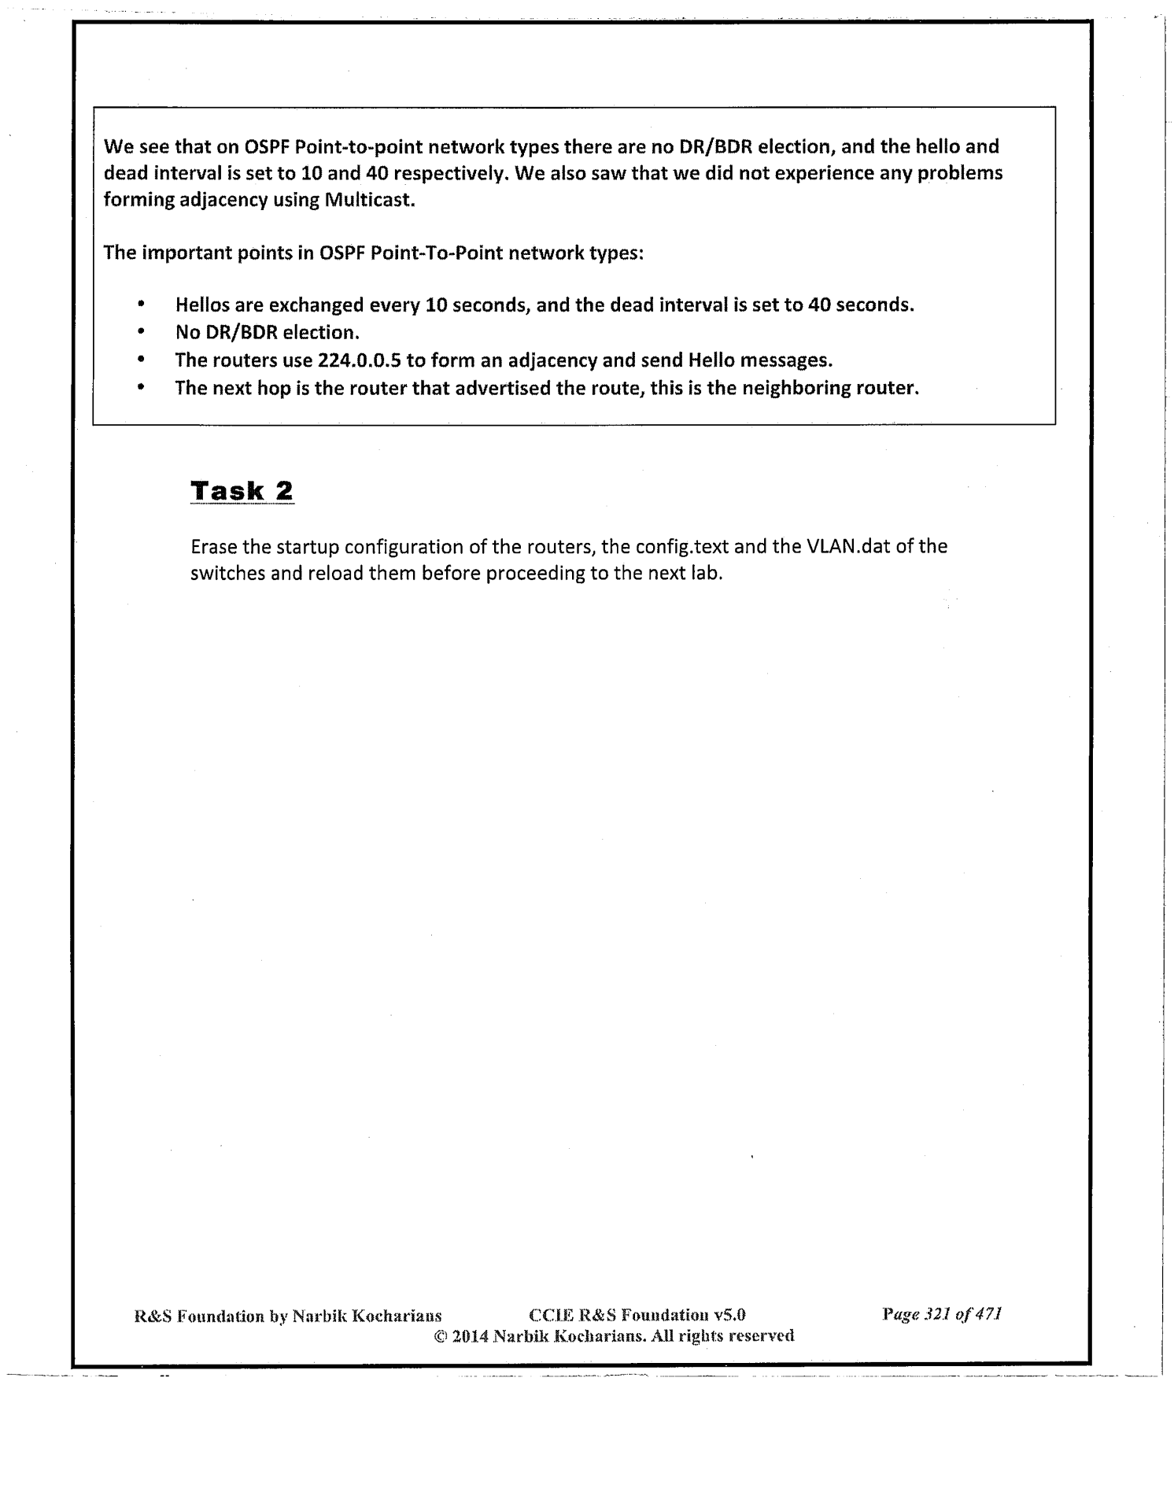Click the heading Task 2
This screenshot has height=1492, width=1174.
click(242, 491)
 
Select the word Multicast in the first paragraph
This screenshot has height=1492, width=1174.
click(369, 200)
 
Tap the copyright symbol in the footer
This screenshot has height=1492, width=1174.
click(440, 1335)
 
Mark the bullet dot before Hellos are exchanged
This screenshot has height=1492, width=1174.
click(141, 305)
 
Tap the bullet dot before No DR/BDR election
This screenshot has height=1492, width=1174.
click(141, 332)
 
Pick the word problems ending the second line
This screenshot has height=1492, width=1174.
click(961, 173)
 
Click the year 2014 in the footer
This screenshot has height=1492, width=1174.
click(468, 1335)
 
